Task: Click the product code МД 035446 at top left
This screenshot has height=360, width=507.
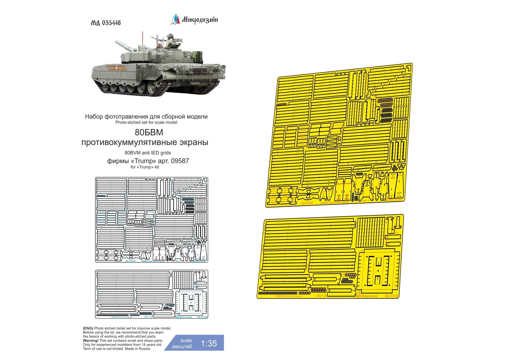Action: click(x=106, y=23)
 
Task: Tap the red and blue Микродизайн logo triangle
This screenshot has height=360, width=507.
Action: click(x=175, y=19)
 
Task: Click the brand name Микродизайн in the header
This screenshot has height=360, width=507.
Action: click(x=200, y=20)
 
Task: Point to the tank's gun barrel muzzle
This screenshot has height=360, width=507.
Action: click(x=116, y=43)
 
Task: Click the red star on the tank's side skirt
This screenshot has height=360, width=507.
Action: click(x=117, y=68)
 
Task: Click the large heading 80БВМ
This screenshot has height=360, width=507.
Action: click(x=149, y=133)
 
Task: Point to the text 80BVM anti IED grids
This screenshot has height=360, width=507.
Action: click(x=148, y=153)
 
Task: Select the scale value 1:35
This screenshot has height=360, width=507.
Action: click(x=209, y=344)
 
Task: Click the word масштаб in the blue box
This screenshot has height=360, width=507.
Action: click(x=182, y=347)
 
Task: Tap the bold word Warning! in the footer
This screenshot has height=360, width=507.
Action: click(x=91, y=341)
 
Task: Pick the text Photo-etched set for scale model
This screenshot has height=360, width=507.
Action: click(x=146, y=122)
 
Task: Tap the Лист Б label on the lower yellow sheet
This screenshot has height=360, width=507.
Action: click(x=321, y=296)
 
